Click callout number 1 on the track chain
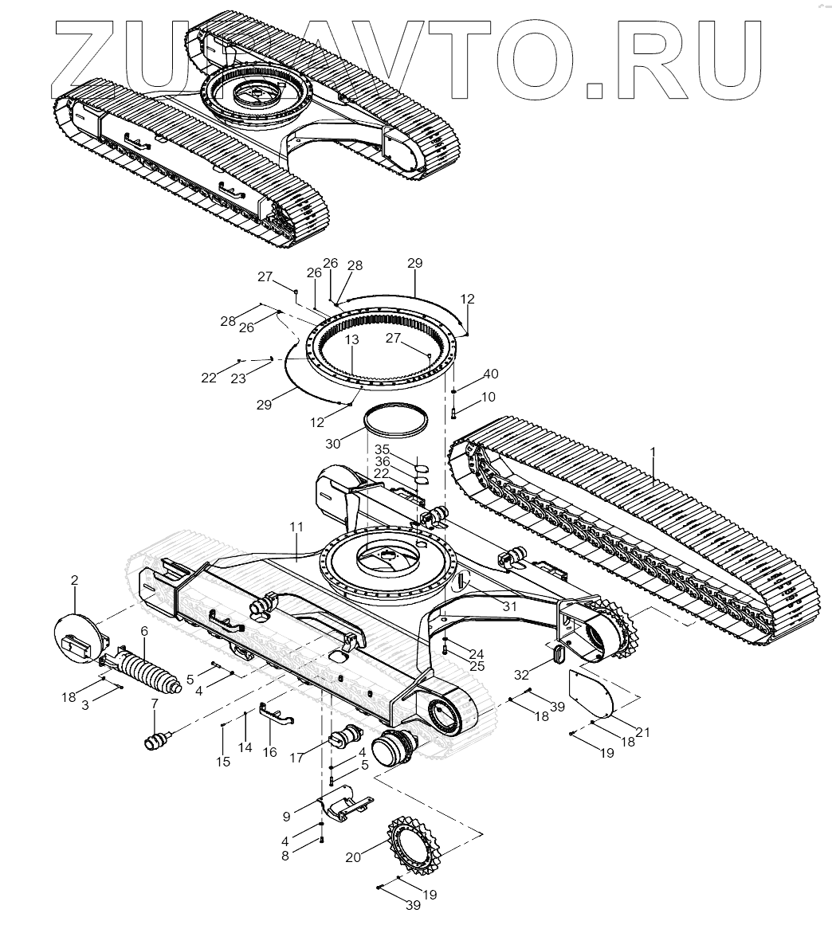click(x=653, y=452)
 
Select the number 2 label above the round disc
click(x=74, y=581)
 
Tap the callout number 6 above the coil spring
click(x=144, y=631)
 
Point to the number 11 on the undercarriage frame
click(x=296, y=527)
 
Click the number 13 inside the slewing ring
click(x=352, y=340)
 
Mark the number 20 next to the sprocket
click(x=353, y=857)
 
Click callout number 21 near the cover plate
click(x=642, y=732)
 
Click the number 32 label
click(x=521, y=674)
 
